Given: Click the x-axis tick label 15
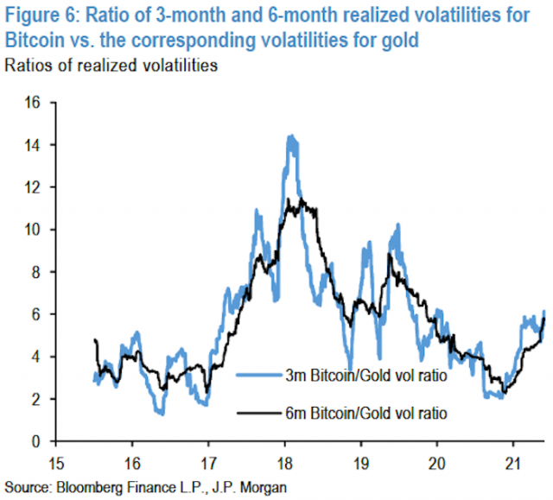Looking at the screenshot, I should click(55, 459).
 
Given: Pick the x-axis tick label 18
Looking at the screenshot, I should click(283, 459).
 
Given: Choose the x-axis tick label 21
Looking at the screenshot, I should click(512, 459).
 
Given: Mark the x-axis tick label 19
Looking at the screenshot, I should click(359, 459).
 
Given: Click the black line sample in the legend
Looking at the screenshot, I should click(256, 414).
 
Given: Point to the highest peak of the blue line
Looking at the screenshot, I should click(290, 136).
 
